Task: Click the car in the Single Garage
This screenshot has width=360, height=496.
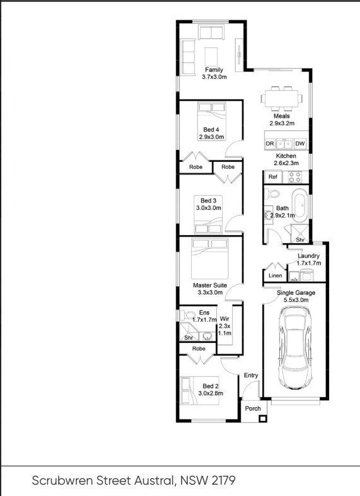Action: pyautogui.click(x=295, y=348)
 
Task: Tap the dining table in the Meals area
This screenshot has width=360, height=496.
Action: pyautogui.click(x=281, y=98)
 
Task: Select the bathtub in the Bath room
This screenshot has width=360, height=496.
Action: pyautogui.click(x=299, y=205)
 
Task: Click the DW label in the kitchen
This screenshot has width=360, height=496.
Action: pyautogui.click(x=299, y=144)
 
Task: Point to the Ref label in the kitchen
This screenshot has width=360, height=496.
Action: pyautogui.click(x=273, y=177)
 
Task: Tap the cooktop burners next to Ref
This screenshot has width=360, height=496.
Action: pyautogui.click(x=295, y=177)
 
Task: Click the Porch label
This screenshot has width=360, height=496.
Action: pyautogui.click(x=253, y=408)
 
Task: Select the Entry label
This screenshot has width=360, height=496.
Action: pyautogui.click(x=251, y=375)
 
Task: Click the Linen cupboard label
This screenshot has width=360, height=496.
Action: pyautogui.click(x=276, y=275)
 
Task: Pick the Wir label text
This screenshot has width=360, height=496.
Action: pyautogui.click(x=224, y=319)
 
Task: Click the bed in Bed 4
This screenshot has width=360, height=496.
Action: pyautogui.click(x=212, y=125)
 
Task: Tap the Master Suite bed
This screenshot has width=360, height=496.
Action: pyautogui.click(x=210, y=258)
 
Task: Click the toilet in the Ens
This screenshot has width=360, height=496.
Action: pyautogui.click(x=188, y=314)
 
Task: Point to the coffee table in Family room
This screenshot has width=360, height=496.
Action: pyautogui.click(x=211, y=57)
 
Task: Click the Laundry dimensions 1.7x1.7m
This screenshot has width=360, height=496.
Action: pyautogui.click(x=309, y=263)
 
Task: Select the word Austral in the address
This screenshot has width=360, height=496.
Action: pyautogui.click(x=154, y=480)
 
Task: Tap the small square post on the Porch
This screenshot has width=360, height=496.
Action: pyautogui.click(x=262, y=419)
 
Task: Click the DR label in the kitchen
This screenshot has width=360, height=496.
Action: pyautogui.click(x=270, y=144)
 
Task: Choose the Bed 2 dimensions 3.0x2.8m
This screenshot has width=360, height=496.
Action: pyautogui.click(x=211, y=393)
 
